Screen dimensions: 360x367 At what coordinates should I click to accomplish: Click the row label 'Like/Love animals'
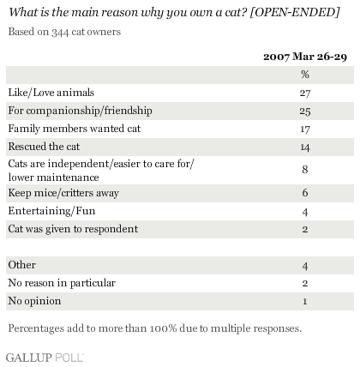[x=51, y=93]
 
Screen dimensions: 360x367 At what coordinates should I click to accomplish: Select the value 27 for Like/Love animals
[x=305, y=93]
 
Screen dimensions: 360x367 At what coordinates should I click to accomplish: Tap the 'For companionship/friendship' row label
[x=80, y=111]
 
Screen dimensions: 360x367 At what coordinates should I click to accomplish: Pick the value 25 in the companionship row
[x=305, y=111]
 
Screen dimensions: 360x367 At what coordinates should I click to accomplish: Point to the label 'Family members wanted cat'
[x=75, y=129]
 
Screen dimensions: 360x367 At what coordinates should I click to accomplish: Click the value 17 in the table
[x=305, y=129]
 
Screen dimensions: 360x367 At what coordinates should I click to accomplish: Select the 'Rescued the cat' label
[x=44, y=147]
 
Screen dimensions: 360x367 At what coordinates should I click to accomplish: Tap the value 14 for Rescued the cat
[x=305, y=147]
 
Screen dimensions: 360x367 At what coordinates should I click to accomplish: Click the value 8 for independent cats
[x=305, y=170]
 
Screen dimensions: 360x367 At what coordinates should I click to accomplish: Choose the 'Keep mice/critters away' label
[x=63, y=193]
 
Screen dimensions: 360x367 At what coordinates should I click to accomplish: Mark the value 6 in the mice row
[x=305, y=193]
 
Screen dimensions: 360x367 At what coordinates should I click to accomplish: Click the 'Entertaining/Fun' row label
[x=51, y=211]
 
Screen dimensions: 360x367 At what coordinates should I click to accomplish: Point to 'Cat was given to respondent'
[x=73, y=229]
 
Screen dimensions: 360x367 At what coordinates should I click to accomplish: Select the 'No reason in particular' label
[x=62, y=283]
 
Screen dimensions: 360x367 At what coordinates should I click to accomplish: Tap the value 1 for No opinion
[x=305, y=301]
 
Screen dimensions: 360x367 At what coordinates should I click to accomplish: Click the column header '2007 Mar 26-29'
[x=305, y=57]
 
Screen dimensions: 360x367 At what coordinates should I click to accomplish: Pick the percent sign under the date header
[x=305, y=75]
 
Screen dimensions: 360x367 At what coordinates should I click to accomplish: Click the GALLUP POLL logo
[x=45, y=358]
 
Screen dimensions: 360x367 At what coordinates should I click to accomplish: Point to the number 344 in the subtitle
[x=60, y=32]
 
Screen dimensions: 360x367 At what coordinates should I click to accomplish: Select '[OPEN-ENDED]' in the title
[x=295, y=12]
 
